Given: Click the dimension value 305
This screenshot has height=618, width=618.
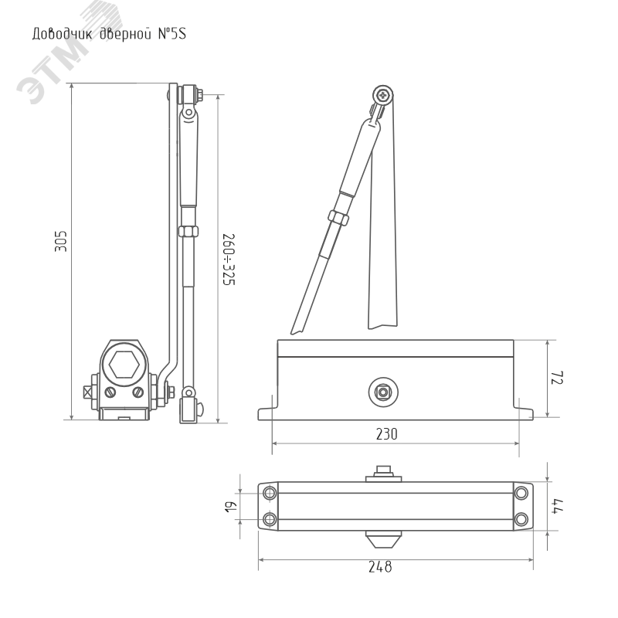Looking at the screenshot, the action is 61,241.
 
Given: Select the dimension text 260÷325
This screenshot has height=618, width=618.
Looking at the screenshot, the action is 229,260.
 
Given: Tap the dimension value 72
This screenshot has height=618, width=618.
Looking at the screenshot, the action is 557,378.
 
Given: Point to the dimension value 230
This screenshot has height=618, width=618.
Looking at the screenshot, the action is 387,434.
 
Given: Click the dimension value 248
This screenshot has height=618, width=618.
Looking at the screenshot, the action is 380,567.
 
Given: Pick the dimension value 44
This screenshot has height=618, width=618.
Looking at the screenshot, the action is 557,506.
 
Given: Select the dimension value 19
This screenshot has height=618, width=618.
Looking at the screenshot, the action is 230,507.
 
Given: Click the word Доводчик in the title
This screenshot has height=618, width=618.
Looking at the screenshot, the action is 63,34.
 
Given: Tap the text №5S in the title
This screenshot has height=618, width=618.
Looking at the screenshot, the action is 171,33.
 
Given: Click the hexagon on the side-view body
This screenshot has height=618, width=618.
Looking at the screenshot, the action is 124,365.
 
